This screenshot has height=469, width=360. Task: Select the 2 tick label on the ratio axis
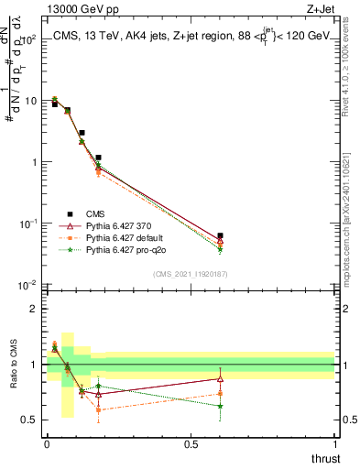point(34,309)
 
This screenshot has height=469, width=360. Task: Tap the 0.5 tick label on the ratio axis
point(28,420)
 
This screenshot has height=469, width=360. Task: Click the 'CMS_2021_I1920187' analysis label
point(190,273)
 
